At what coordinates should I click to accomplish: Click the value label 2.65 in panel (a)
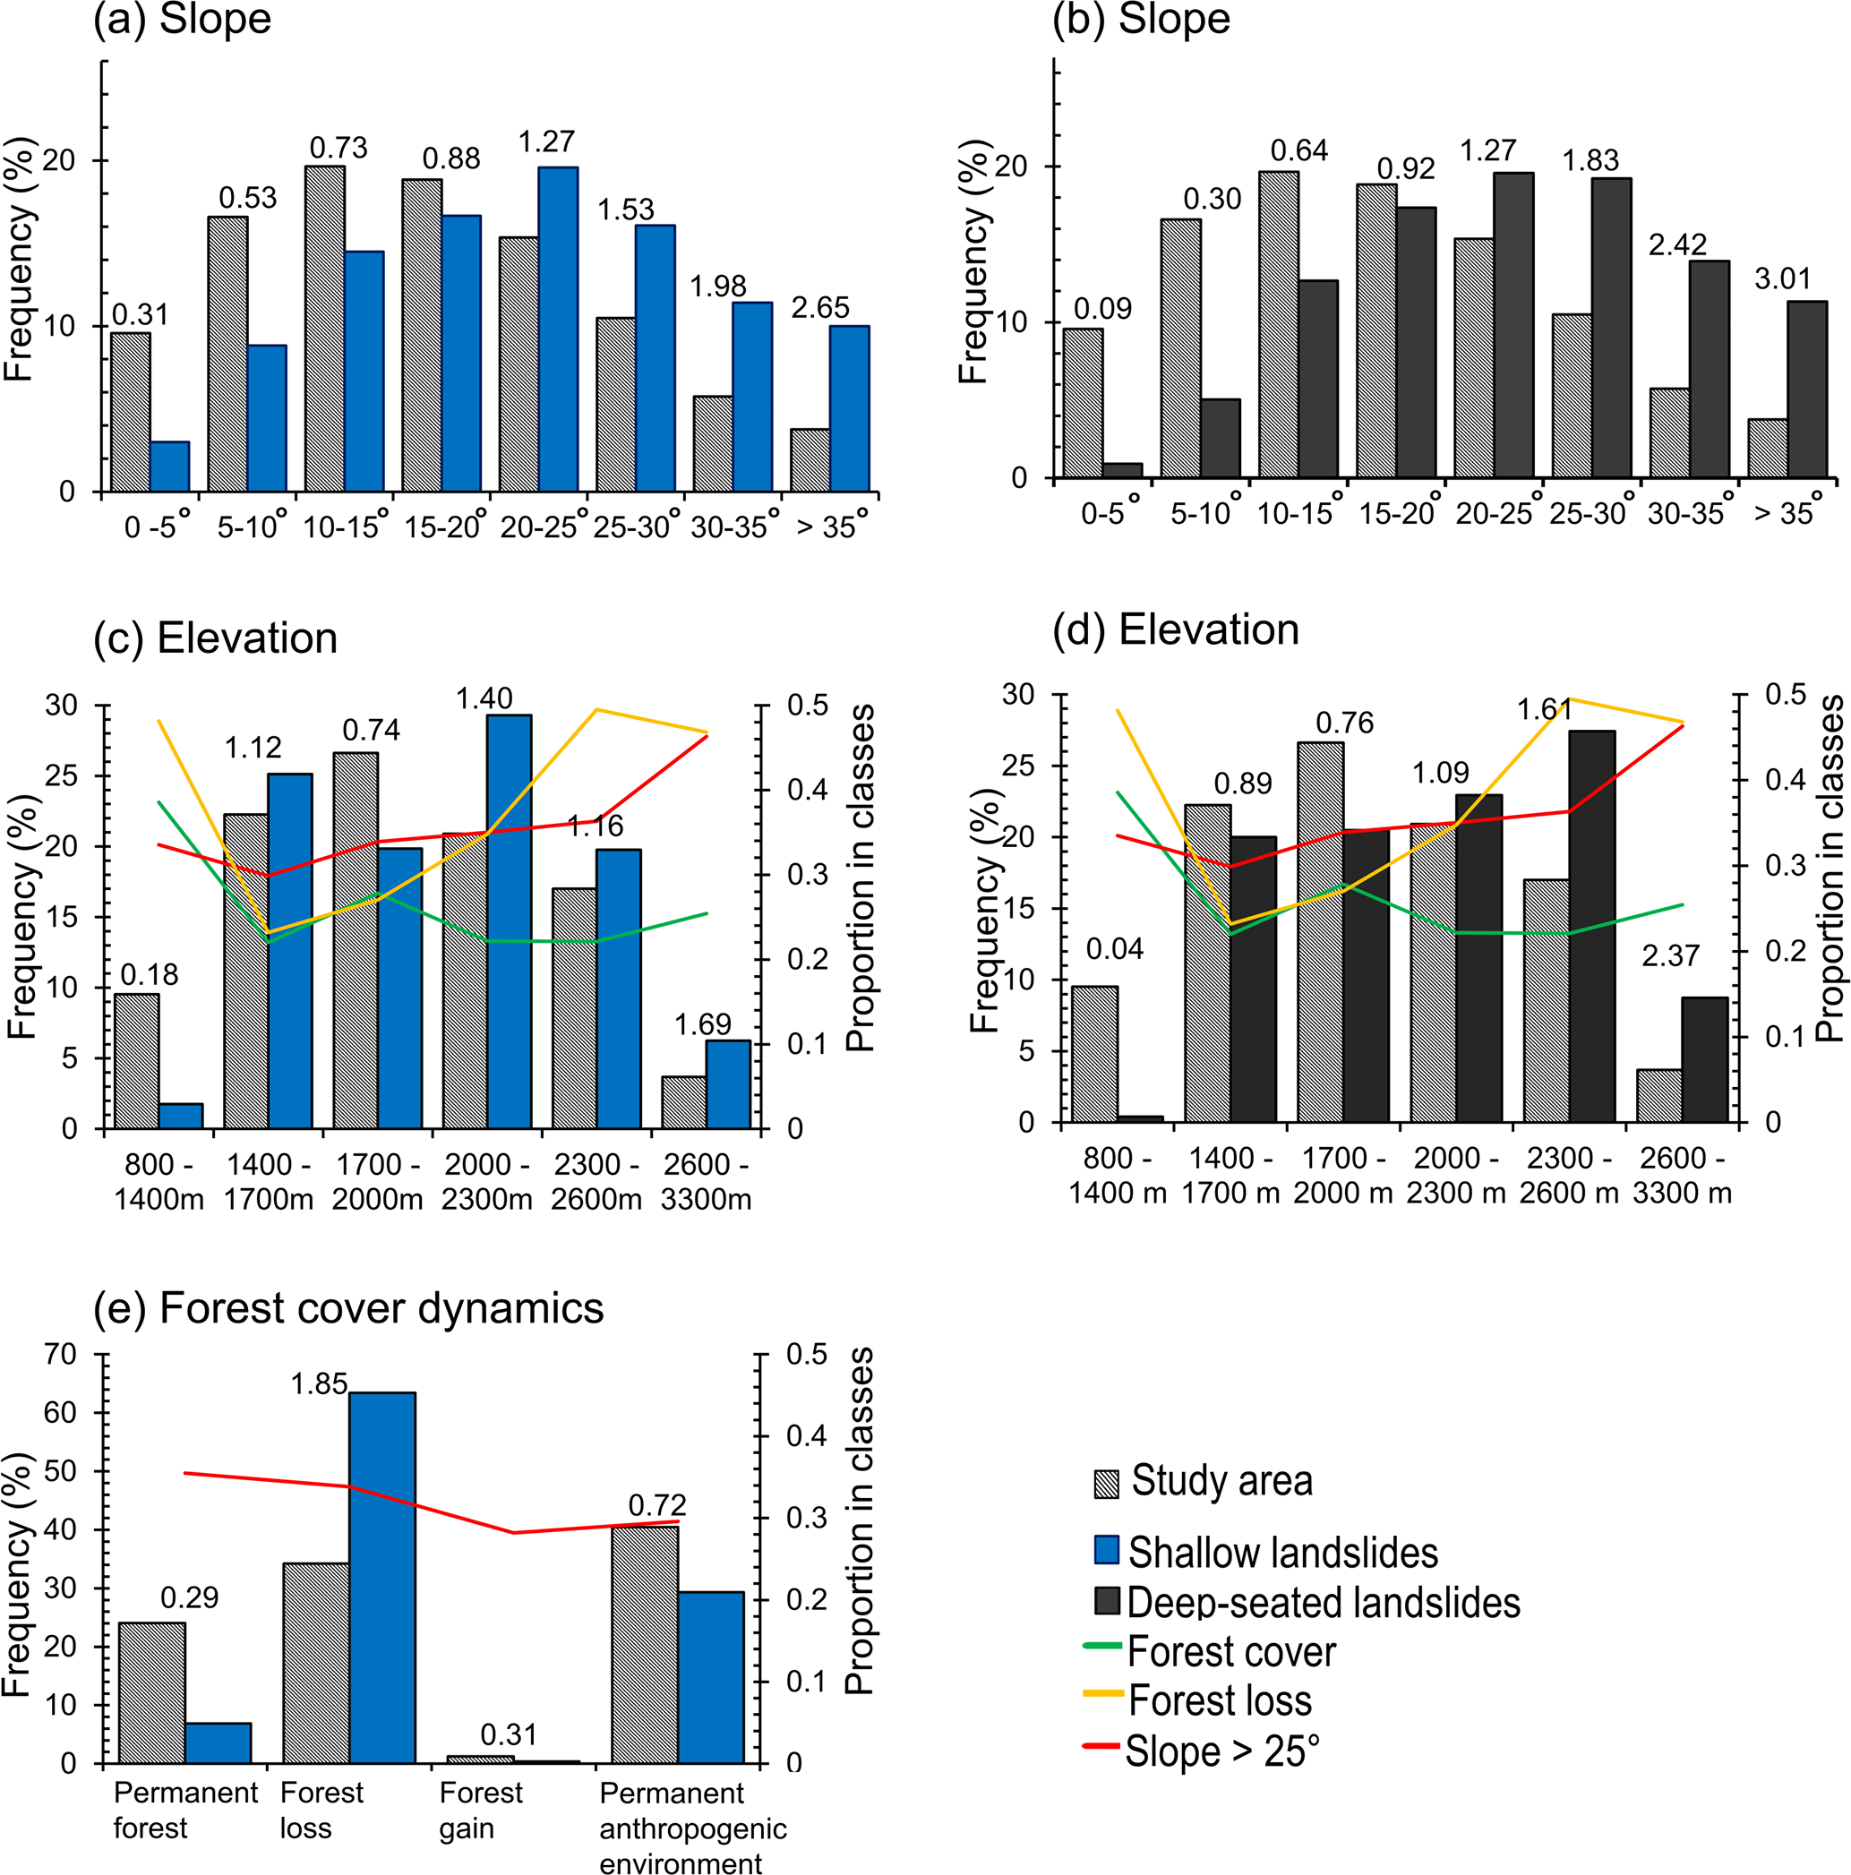(819, 308)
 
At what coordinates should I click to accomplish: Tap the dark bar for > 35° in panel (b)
(1806, 390)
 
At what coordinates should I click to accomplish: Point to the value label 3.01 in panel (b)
(1782, 278)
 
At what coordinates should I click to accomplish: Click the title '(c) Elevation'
(216, 638)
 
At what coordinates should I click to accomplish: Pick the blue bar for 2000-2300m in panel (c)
(509, 921)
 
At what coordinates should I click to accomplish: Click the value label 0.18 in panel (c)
(150, 974)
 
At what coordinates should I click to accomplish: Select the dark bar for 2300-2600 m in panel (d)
(1592, 926)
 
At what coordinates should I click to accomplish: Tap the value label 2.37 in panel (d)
(1669, 956)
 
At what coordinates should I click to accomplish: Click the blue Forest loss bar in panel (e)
(381, 1578)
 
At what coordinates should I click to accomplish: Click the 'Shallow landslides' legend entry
(1281, 1552)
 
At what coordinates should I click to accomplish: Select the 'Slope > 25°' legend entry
(1222, 1751)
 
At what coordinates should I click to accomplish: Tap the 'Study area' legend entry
(1221, 1481)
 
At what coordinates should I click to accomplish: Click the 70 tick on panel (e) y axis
(60, 1354)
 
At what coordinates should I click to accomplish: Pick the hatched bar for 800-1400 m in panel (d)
(1094, 1054)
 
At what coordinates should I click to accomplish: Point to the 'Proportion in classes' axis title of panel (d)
(1829, 869)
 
